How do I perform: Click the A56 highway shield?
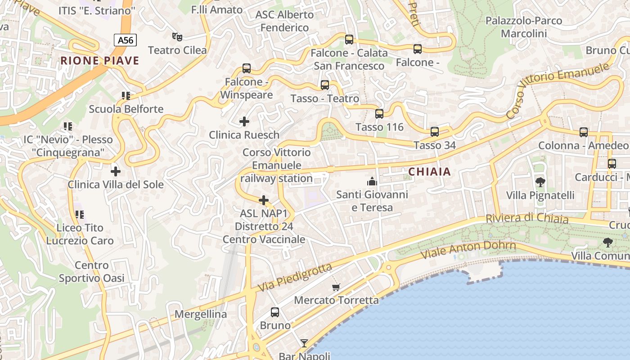pyautogui.click(x=125, y=40)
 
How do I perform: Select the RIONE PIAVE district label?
pyautogui.click(x=100, y=61)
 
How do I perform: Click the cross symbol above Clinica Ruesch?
pyautogui.click(x=244, y=121)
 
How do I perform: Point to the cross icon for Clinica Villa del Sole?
pyautogui.click(x=116, y=171)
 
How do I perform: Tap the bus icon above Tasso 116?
pyautogui.click(x=379, y=114)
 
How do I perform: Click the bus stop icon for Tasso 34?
pyautogui.click(x=435, y=132)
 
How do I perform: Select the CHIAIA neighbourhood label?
pyautogui.click(x=429, y=171)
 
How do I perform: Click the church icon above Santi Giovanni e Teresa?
pyautogui.click(x=372, y=181)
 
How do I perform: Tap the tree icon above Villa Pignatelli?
pyautogui.click(x=540, y=182)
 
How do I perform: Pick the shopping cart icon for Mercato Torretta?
pyautogui.click(x=336, y=287)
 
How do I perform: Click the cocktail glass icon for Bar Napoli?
pyautogui.click(x=304, y=343)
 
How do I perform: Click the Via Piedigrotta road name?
pyautogui.click(x=295, y=277)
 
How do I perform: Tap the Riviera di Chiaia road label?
pyautogui.click(x=526, y=219)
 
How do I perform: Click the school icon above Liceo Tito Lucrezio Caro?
pyautogui.click(x=80, y=215)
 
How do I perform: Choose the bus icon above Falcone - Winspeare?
pyautogui.click(x=247, y=68)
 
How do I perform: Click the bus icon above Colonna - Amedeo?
pyautogui.click(x=584, y=132)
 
